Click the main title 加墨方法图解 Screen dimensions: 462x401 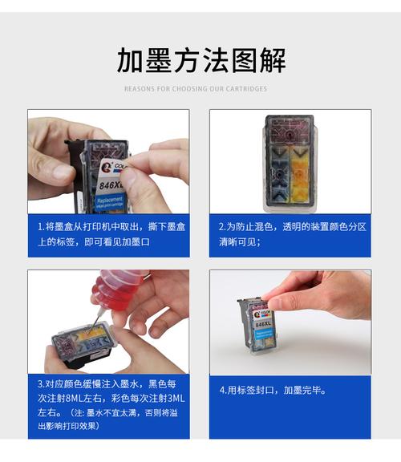tap(200, 61)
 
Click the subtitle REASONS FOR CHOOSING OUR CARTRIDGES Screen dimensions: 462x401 tap(196, 89)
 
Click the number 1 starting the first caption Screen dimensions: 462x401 tap(39, 227)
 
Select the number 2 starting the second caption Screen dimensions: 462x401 tap(222, 227)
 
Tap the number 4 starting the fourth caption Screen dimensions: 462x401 tap(222, 391)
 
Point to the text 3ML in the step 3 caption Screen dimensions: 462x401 tap(176, 398)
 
